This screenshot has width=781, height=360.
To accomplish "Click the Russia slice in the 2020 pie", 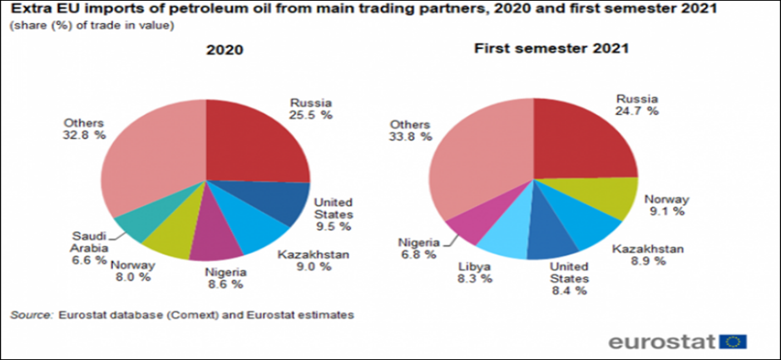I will pyautogui.click(x=254, y=141).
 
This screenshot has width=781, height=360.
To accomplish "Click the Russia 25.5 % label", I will pyautogui.click(x=310, y=108).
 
